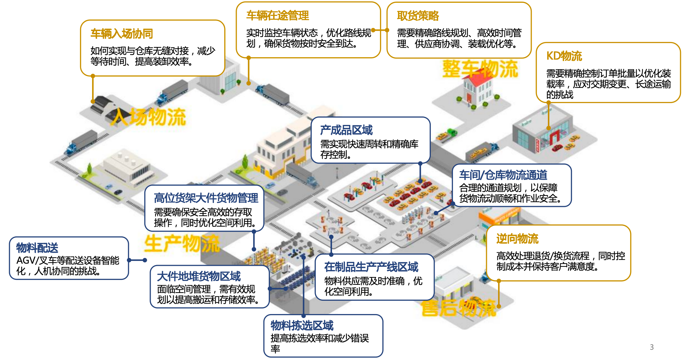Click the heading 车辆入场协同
coord(122,34)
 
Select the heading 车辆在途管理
coord(278,16)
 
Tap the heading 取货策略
coord(418,16)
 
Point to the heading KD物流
coord(564,56)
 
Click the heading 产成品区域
coord(346,130)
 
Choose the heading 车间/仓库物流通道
coord(503,175)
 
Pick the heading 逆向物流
coord(517,239)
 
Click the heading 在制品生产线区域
coord(371,267)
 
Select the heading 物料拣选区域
coord(302,325)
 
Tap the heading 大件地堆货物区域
coord(199,276)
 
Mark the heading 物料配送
coord(37,248)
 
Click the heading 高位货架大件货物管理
coord(206,198)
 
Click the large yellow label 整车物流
coord(480,69)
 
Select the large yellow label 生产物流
coord(182,244)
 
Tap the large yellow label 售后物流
coord(459,308)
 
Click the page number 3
coord(652,347)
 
